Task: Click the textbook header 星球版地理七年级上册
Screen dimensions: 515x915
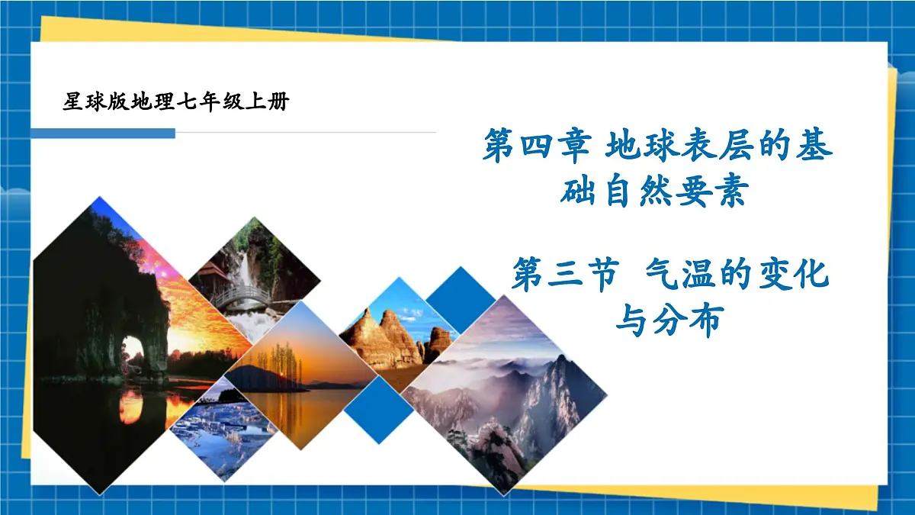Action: (x=176, y=101)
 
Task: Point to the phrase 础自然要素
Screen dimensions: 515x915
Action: (x=653, y=192)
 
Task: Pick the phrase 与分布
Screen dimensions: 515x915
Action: (x=668, y=321)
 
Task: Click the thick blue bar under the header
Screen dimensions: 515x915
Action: (x=103, y=134)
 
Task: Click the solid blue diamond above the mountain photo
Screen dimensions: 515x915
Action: (x=459, y=300)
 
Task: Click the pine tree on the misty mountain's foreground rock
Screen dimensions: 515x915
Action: (x=462, y=439)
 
